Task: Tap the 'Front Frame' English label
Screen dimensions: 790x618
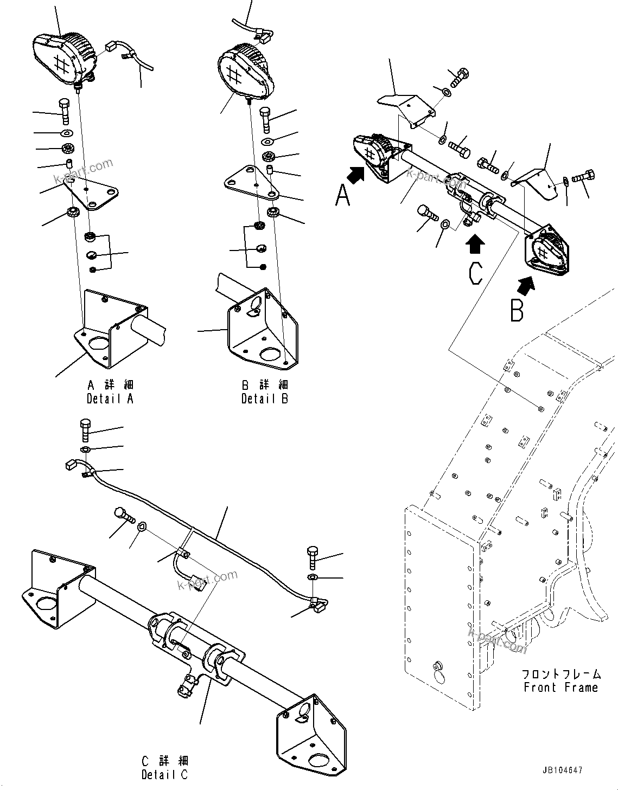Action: click(561, 688)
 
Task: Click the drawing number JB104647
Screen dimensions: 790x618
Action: click(561, 770)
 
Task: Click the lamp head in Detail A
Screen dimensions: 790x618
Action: click(64, 57)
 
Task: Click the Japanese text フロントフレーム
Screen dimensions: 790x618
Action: click(561, 675)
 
